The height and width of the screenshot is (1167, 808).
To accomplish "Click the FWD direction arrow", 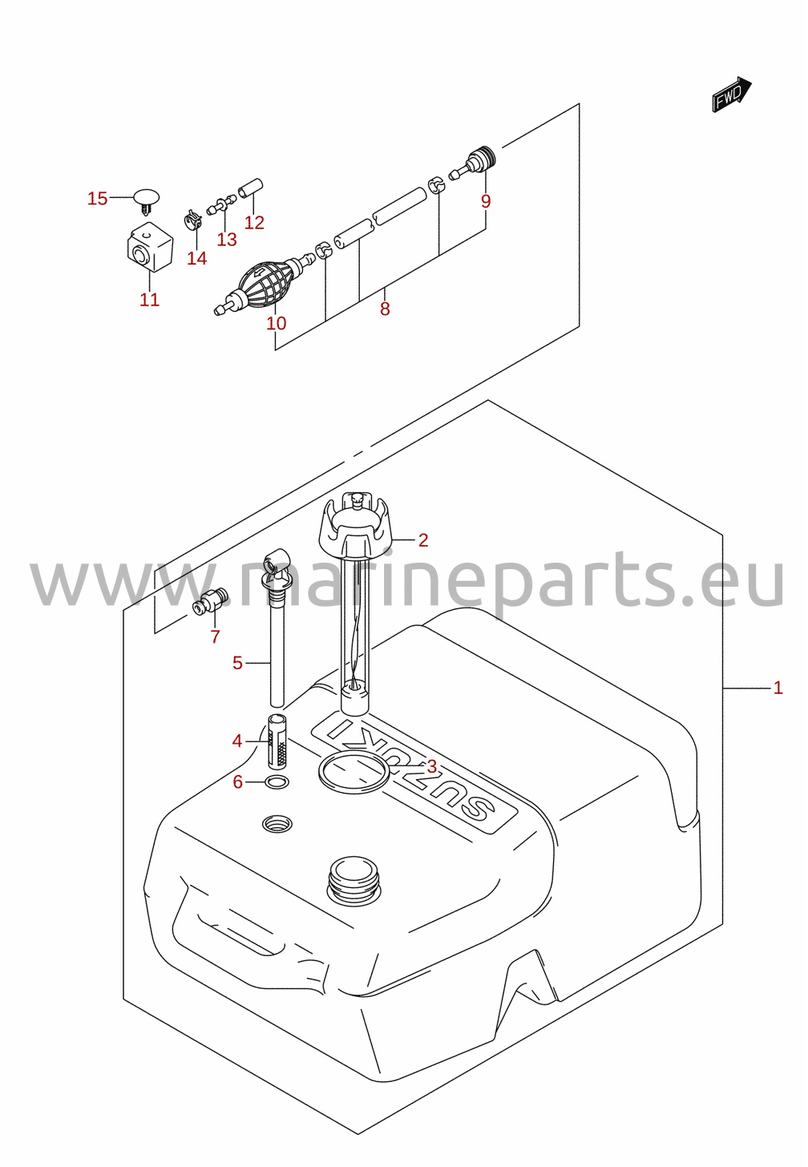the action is pyautogui.click(x=731, y=95).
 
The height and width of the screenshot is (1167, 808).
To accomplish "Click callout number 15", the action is pyautogui.click(x=98, y=199).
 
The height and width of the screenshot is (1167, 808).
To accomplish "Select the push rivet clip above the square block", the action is pyautogui.click(x=147, y=202).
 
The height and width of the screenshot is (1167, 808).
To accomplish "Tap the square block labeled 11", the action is pyautogui.click(x=150, y=247).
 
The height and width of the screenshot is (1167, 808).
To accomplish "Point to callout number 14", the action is pyautogui.click(x=197, y=258).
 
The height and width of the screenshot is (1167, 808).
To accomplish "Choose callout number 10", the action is pyautogui.click(x=276, y=324).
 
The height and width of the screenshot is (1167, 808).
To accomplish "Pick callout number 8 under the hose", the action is pyautogui.click(x=385, y=309).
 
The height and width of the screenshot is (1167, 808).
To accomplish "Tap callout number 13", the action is pyautogui.click(x=227, y=240).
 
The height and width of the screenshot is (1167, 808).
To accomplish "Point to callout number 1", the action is pyautogui.click(x=778, y=688).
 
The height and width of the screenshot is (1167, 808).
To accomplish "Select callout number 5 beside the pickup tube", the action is pyautogui.click(x=237, y=663).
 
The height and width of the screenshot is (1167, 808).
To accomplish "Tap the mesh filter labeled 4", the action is pyautogui.click(x=277, y=741).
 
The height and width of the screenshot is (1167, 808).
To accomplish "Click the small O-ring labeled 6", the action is pyautogui.click(x=277, y=781).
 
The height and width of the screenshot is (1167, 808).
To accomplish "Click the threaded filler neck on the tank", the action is pyautogui.click(x=353, y=880).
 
